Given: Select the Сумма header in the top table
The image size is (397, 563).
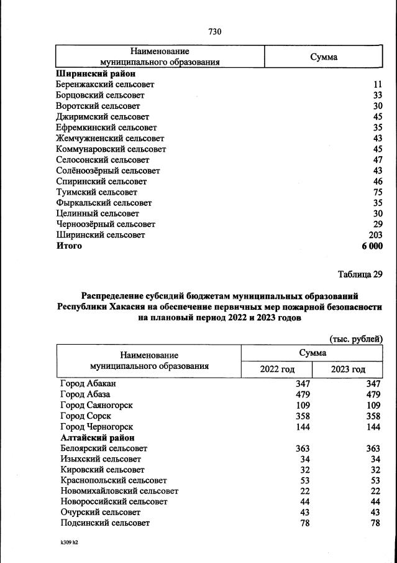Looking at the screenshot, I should (x=324, y=57).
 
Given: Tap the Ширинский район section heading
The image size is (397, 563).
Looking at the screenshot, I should (x=95, y=73).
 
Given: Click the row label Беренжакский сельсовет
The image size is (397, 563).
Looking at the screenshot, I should (x=105, y=84).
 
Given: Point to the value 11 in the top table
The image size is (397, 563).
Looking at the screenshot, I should (x=377, y=84).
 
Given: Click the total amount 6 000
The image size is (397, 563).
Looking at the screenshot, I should (x=370, y=246).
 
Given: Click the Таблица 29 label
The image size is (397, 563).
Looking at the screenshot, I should (x=360, y=274).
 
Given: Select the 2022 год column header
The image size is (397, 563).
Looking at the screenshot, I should (x=276, y=370).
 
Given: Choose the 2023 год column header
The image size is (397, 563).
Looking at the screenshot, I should (x=348, y=370).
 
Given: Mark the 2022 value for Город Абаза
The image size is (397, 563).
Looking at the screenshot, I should (x=302, y=394).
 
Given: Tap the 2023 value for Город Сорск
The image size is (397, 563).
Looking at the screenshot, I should (x=373, y=416).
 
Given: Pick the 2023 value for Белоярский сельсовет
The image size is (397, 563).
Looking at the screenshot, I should (x=373, y=449).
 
